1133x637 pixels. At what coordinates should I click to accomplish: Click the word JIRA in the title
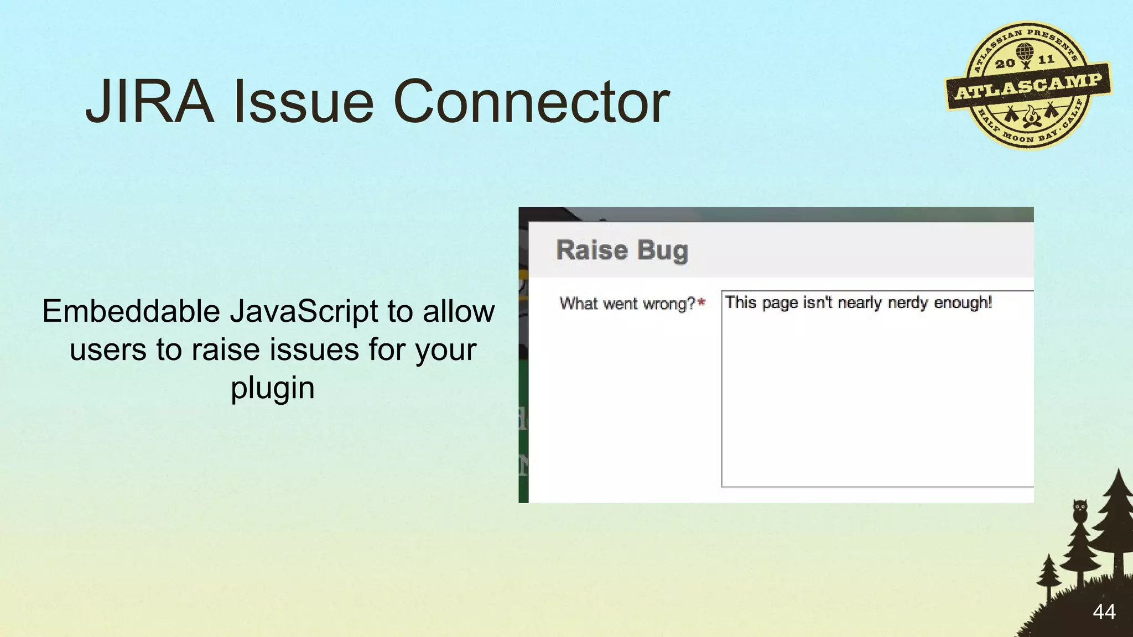coord(149,102)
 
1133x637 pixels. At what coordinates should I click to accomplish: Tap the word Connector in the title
coord(531,102)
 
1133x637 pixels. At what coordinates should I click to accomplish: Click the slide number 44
coord(1104,612)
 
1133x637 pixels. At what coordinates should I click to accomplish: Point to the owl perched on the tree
coord(1079,510)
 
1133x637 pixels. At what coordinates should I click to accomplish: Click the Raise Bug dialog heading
coord(622,250)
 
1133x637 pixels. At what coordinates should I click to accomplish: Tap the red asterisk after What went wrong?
coord(701,303)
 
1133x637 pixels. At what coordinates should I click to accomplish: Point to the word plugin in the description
coord(272,388)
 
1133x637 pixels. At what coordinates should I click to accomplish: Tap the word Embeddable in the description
coord(131,311)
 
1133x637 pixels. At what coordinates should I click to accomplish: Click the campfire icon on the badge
coord(1030,117)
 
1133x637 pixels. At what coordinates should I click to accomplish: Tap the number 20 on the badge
coord(1005,63)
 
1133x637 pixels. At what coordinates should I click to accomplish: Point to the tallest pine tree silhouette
coord(1116,531)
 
